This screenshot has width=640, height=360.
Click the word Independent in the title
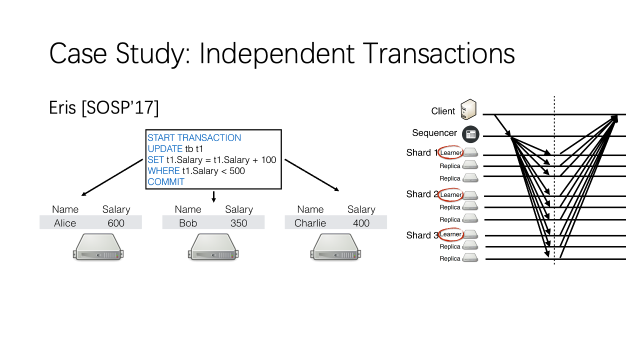pos(276,53)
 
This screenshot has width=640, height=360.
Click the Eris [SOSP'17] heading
pos(103,107)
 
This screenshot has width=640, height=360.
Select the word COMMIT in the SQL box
pos(166,181)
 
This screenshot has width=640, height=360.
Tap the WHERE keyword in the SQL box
pos(163,171)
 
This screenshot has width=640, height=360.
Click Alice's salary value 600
pos(116,223)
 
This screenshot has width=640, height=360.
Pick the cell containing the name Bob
pos(188,223)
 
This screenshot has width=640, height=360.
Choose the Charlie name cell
pos(310,223)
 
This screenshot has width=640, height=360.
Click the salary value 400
pos(361,223)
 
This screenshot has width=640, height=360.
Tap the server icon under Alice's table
pos(98,247)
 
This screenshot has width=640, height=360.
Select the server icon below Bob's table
pos(213,247)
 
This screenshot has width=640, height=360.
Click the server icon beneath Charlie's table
pos(335,247)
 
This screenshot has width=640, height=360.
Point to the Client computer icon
pos(468,109)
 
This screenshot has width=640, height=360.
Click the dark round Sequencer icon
pos(470,134)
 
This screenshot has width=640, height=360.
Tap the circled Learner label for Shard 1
pos(450,153)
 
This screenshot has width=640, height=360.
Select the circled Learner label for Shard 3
pos(450,234)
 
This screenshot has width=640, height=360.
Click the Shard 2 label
pos(422,194)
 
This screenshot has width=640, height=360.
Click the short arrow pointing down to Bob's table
pos(213,197)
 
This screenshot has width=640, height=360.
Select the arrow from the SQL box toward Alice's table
pos(112,177)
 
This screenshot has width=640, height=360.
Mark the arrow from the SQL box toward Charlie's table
pos(311,175)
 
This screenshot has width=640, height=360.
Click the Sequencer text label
pos(434,133)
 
